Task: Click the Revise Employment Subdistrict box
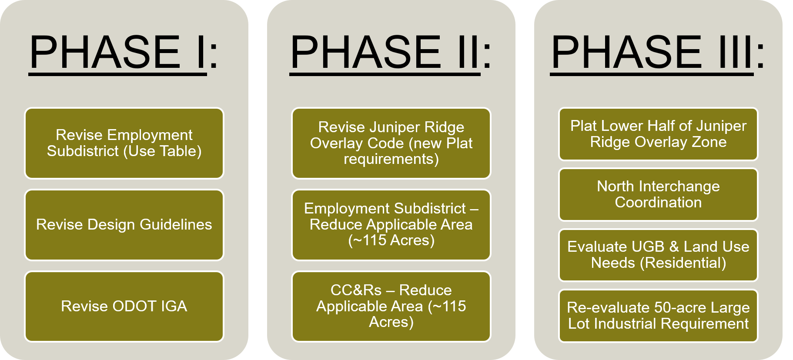pos(124,143)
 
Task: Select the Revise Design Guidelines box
pos(124,225)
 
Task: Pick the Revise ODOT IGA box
pos(124,307)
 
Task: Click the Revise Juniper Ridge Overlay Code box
pos(391,143)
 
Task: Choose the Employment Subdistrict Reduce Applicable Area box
pos(391,225)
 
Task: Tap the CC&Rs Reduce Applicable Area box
pos(391,307)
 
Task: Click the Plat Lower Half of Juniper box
pos(658,134)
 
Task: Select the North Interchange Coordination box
pos(658,194)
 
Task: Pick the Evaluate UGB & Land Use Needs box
pos(658,255)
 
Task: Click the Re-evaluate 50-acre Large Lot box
pos(658,316)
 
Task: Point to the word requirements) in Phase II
pos(391,160)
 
